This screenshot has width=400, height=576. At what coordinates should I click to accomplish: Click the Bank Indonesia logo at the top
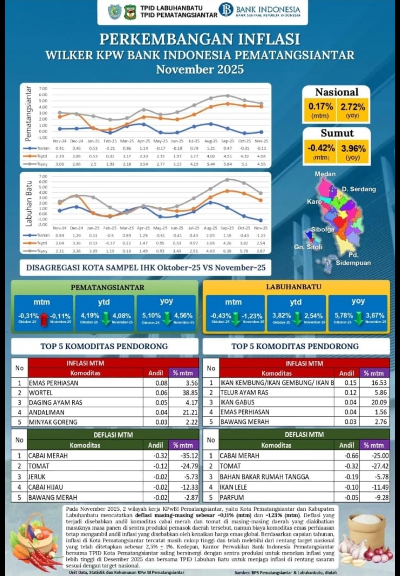(226, 10)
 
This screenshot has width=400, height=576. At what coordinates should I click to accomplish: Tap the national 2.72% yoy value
(353, 107)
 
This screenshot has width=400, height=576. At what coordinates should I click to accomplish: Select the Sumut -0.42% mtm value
(321, 148)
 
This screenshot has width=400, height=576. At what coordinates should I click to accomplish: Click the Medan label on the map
(325, 174)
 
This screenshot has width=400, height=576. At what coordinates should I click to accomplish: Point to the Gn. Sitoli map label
(308, 247)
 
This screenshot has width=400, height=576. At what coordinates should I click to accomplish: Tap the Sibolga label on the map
(322, 229)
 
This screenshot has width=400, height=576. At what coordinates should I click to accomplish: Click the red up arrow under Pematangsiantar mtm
(44, 319)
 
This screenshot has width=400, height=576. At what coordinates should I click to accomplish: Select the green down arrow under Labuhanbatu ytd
(297, 318)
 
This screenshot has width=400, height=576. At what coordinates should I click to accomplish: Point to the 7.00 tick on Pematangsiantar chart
(43, 88)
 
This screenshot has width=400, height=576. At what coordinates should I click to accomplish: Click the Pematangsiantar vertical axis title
(28, 114)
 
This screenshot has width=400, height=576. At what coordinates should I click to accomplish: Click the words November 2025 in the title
(200, 69)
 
